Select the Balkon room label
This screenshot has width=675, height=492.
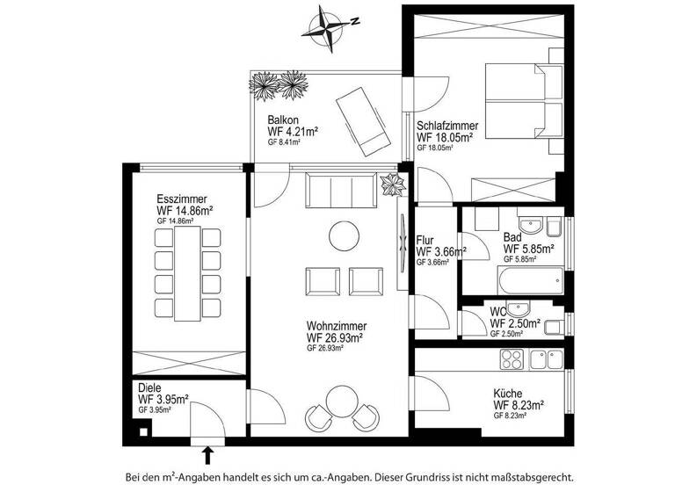284,120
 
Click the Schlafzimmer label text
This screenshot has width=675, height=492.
447,125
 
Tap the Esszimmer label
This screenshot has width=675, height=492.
182,199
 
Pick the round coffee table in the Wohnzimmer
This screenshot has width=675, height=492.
341,235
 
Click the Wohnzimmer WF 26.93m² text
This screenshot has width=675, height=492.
335,336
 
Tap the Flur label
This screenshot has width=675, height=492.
425,240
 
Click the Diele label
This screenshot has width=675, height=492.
150,387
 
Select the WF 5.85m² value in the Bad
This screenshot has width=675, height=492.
528,249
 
